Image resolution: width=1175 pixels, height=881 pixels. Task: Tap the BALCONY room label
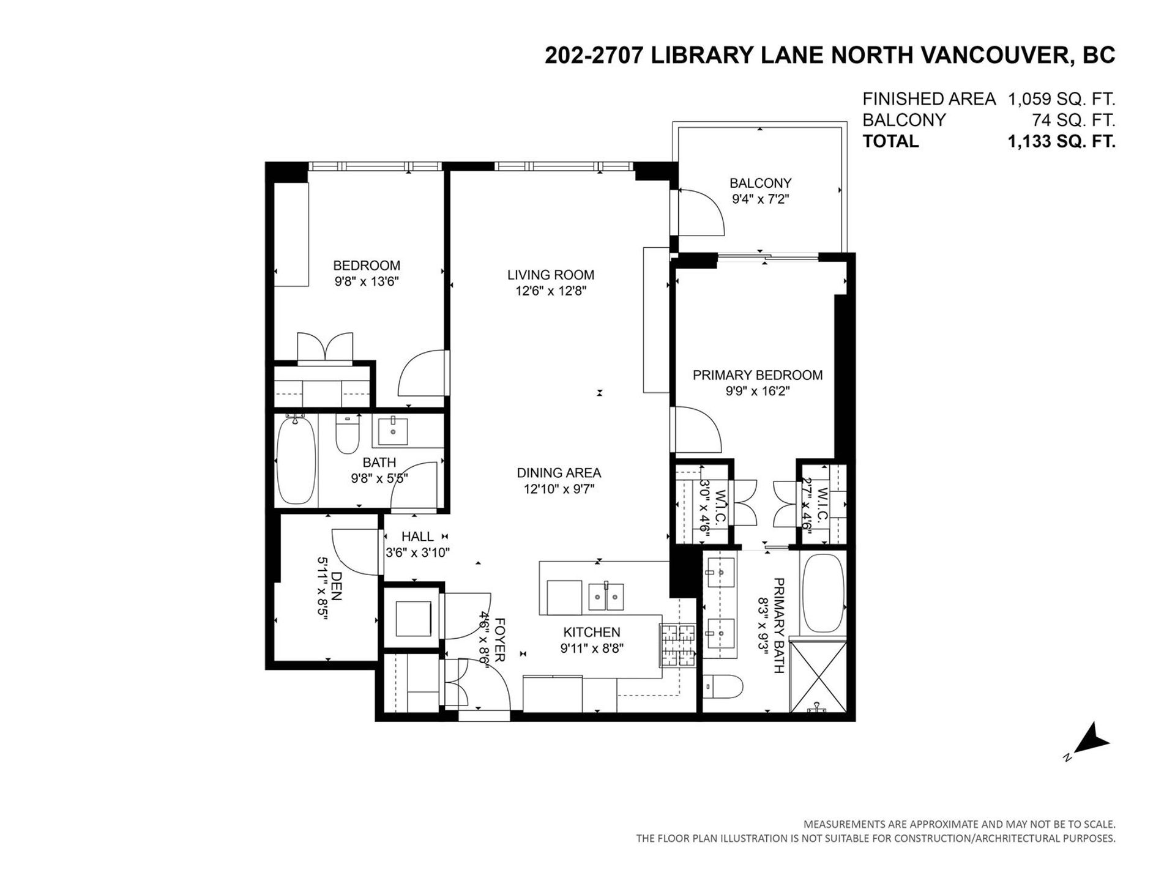point(760,183)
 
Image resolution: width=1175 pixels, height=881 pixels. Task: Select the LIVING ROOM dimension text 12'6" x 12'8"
point(551,291)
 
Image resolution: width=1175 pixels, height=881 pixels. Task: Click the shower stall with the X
point(818,677)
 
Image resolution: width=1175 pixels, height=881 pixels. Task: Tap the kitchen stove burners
point(678,645)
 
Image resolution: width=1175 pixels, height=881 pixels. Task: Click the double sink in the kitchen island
point(606,597)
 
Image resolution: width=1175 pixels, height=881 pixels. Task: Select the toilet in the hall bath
point(347,434)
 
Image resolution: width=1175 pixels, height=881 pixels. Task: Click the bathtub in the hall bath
point(296,459)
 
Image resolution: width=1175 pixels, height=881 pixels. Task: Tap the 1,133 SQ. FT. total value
point(1061,141)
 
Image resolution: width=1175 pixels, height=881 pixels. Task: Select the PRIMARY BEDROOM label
point(758,375)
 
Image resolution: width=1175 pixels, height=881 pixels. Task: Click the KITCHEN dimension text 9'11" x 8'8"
point(592,649)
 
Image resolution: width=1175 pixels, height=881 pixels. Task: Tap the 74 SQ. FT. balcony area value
point(1073,120)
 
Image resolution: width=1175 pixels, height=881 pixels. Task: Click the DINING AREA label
point(559,473)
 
